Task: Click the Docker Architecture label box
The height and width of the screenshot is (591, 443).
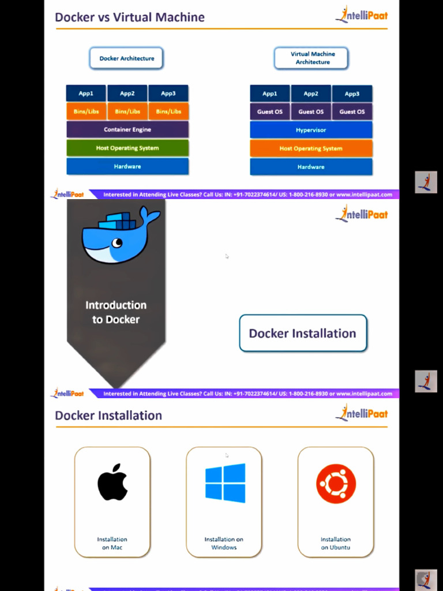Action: (x=127, y=58)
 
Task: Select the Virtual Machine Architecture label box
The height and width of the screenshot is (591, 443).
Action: (x=312, y=58)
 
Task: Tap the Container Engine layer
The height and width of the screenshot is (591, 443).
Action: (x=127, y=129)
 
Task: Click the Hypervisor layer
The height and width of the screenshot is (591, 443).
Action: (x=311, y=130)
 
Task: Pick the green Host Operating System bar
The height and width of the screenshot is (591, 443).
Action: (x=127, y=148)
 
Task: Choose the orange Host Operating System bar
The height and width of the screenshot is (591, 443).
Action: (x=311, y=148)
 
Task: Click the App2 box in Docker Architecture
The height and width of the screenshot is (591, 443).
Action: (x=127, y=93)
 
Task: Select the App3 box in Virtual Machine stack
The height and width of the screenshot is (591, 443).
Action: (x=352, y=93)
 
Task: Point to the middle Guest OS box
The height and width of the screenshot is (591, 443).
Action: (x=311, y=111)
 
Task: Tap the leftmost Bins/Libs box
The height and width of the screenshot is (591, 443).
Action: (x=87, y=111)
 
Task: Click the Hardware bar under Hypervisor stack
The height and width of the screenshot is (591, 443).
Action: (x=311, y=167)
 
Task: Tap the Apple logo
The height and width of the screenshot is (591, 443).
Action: (x=112, y=482)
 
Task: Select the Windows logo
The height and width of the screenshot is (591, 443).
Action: (x=225, y=483)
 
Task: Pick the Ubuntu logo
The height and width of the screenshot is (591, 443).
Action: (x=336, y=484)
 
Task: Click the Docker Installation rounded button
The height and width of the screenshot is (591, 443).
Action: (x=303, y=333)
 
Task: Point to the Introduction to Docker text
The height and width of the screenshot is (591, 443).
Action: (x=116, y=312)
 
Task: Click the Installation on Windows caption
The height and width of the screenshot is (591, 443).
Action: (x=224, y=543)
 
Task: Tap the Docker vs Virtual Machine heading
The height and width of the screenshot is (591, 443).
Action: (x=130, y=17)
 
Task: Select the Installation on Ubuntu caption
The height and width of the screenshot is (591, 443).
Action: (x=336, y=543)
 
